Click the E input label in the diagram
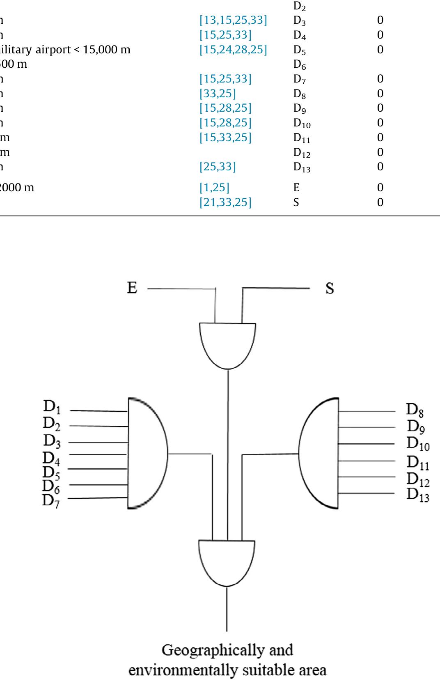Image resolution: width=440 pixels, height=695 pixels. pos(132,288)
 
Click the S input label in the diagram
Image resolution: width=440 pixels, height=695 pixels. pos(330,288)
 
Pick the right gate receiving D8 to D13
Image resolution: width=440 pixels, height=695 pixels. pos(319,453)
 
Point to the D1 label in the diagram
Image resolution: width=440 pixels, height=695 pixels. pos(52,407)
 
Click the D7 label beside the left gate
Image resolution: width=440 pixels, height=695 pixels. pos(51,502)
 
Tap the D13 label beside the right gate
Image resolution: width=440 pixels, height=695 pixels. pos(418,495)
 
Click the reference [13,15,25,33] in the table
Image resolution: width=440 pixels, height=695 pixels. pos(233,20)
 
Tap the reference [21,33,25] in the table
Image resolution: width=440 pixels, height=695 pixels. pos(225,202)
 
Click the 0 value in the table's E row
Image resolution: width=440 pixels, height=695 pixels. pos(380,188)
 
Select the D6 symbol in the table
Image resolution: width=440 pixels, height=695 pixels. pos(299,65)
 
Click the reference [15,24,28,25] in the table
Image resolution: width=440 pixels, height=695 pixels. pos(233,50)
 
